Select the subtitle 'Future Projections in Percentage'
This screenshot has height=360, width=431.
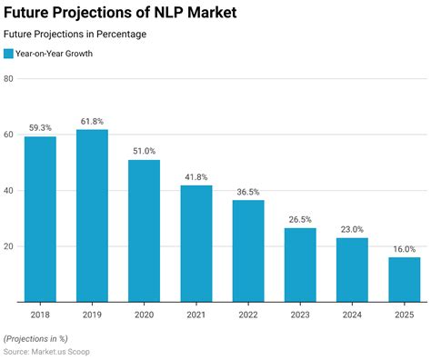[x=75, y=35]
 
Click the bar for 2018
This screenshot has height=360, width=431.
[x=40, y=219]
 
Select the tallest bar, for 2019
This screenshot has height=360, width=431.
[x=92, y=215]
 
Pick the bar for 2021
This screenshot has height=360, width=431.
[x=195, y=244]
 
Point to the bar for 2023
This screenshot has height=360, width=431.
[x=300, y=265]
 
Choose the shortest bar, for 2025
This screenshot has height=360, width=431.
[x=404, y=279]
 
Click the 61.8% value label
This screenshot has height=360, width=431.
[x=92, y=121]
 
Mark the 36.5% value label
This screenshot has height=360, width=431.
[x=247, y=193]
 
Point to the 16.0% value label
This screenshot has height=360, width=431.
[x=404, y=249]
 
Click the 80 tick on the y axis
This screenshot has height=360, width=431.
[x=8, y=78]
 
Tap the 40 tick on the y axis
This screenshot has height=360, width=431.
[x=8, y=190]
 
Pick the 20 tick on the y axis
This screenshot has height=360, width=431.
[x=8, y=246]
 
